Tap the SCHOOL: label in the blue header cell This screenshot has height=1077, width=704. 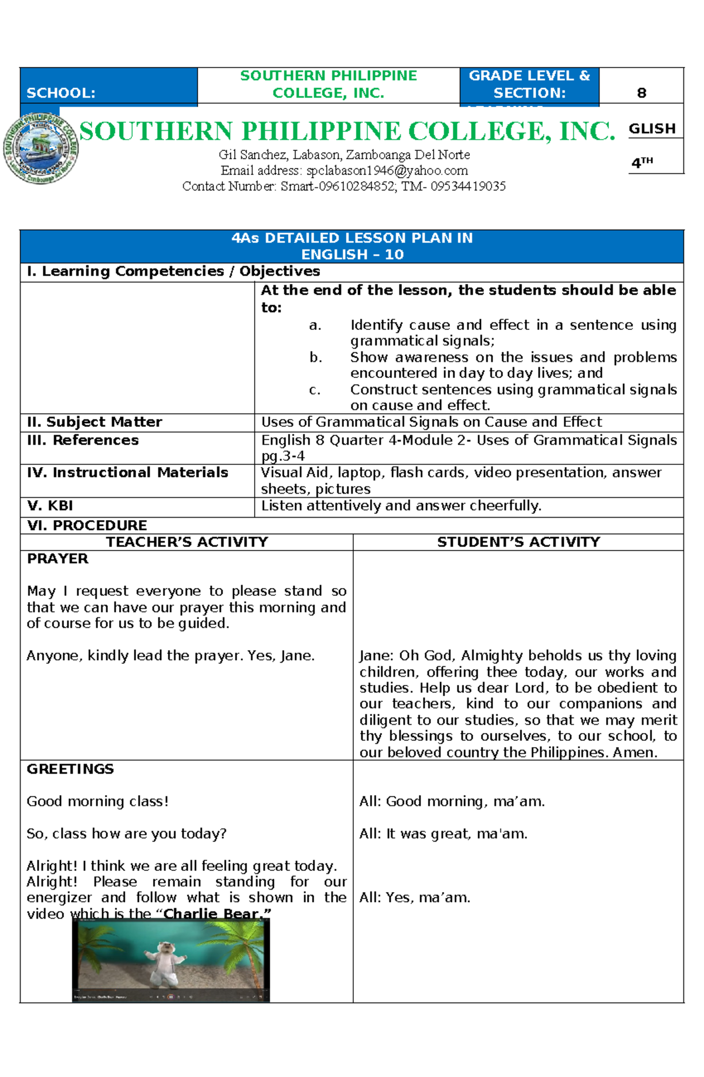pyautogui.click(x=61, y=93)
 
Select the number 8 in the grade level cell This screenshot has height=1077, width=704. pyautogui.click(x=641, y=93)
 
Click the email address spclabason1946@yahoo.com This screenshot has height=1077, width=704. pyautogui.click(x=387, y=171)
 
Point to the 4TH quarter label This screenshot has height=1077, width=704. pyautogui.click(x=642, y=163)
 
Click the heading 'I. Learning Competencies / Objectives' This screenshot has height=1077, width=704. pyautogui.click(x=174, y=271)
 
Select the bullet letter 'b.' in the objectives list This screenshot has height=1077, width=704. pyautogui.click(x=316, y=357)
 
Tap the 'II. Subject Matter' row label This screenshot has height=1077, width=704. pyautogui.click(x=94, y=422)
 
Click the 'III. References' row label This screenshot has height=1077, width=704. pyautogui.click(x=83, y=440)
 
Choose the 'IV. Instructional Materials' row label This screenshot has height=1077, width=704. pyautogui.click(x=127, y=472)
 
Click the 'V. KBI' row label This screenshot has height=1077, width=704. pyautogui.click(x=50, y=506)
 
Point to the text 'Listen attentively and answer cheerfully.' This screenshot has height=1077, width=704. pyautogui.click(x=401, y=506)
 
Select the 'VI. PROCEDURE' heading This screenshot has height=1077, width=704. pyautogui.click(x=87, y=525)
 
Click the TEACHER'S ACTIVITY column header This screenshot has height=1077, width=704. pyautogui.click(x=187, y=542)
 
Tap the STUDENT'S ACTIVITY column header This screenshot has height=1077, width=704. pyautogui.click(x=519, y=542)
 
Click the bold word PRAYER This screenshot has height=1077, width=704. pyautogui.click(x=57, y=559)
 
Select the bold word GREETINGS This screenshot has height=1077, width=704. pyautogui.click(x=70, y=769)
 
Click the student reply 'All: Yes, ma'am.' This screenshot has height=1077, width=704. pyautogui.click(x=415, y=897)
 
